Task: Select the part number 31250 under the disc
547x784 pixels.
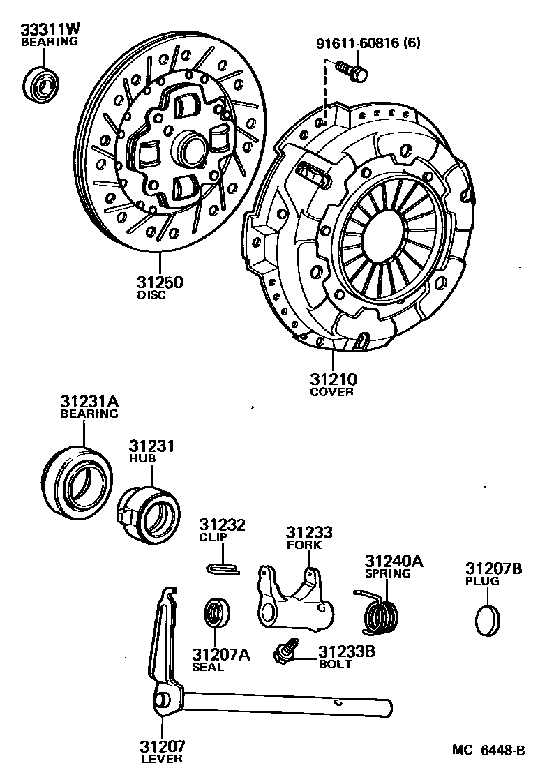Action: coord(160,283)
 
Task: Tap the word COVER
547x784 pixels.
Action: coord(331,392)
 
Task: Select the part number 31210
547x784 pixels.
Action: coord(334,380)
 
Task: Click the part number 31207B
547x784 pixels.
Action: coord(493,568)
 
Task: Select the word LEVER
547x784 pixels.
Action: coord(161,758)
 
